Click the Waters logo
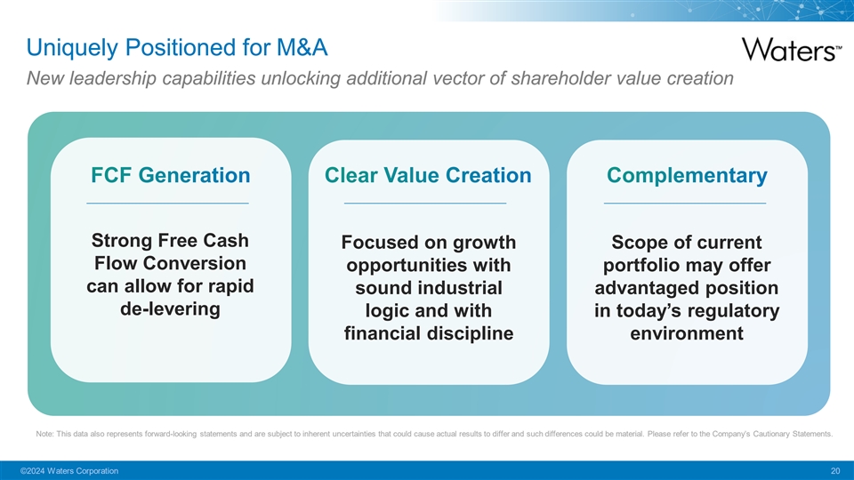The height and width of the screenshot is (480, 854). (x=792, y=50)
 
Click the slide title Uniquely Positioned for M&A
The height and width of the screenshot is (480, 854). (x=177, y=47)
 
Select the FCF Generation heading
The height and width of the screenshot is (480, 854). (x=171, y=175)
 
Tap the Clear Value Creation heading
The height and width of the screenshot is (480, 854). (x=428, y=175)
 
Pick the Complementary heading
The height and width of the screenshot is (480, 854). (x=687, y=176)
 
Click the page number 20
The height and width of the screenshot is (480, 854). (x=835, y=471)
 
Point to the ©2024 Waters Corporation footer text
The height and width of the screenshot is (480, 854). (x=69, y=471)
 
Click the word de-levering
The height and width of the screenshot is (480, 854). (x=171, y=309)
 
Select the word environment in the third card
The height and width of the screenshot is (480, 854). (x=687, y=333)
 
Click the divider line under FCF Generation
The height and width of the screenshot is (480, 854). (x=168, y=203)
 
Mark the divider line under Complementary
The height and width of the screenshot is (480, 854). (x=685, y=203)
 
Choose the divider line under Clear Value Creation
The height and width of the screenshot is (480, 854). (x=425, y=203)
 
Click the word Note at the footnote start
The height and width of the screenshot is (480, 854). (x=44, y=435)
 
